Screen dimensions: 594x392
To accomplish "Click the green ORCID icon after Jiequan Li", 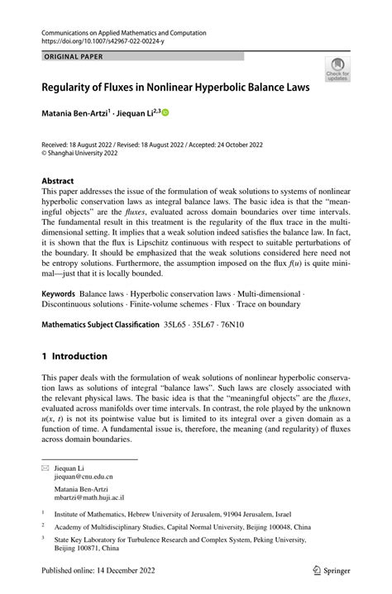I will [x=165, y=112].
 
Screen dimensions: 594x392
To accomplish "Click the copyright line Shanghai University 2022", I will [x=83, y=152].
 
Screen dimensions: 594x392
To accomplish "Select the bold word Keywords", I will [x=59, y=293].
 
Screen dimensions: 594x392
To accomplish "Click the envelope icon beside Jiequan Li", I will [x=45, y=468].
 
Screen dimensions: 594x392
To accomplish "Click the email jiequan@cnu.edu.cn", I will [x=84, y=477].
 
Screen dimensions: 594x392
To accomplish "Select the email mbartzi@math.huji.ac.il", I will [x=89, y=498].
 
